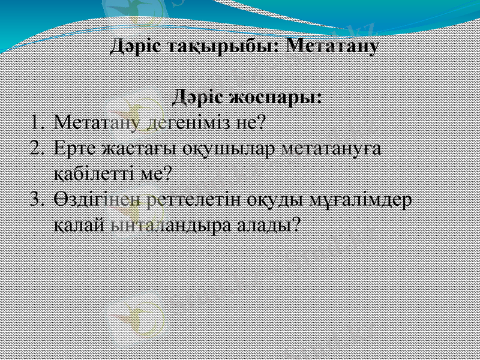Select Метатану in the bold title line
click(x=332, y=46)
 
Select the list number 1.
click(x=37, y=123)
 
